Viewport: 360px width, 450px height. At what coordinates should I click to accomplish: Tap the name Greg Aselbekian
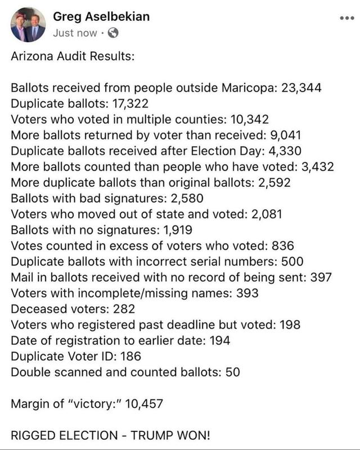click(x=101, y=17)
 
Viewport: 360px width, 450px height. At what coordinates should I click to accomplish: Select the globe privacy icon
click(x=112, y=33)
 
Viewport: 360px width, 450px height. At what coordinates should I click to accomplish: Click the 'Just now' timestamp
click(x=75, y=33)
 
